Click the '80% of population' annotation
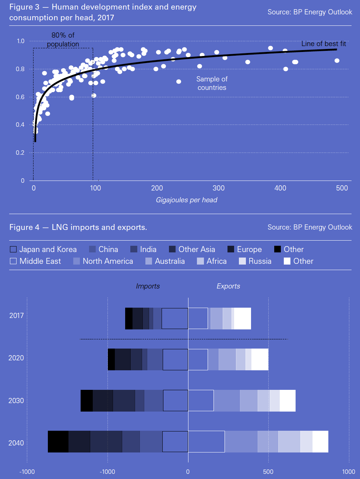(63, 39)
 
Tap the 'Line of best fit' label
(324, 44)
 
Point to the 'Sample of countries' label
(212, 83)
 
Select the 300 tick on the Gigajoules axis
(218, 188)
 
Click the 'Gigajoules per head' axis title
(187, 200)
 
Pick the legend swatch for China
(92, 249)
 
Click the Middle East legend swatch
(13, 261)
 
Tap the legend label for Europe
(249, 249)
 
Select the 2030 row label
(16, 401)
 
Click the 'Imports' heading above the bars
(148, 286)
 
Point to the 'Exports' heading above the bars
(228, 286)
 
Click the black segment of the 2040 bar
(58, 441)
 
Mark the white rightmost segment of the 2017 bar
(243, 318)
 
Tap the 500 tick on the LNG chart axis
(268, 472)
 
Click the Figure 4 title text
(78, 227)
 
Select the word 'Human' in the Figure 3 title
(65, 7)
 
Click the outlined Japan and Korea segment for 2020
(175, 359)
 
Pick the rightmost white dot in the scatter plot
(337, 61)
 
